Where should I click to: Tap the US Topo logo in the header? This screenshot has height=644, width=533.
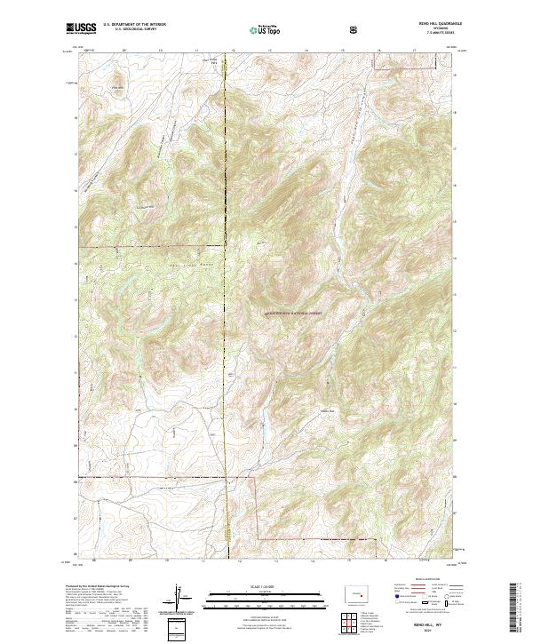coord(266,30)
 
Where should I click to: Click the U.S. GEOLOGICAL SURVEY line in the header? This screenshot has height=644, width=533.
coord(131,31)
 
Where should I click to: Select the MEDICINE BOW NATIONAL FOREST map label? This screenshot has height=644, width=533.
coord(292,313)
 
